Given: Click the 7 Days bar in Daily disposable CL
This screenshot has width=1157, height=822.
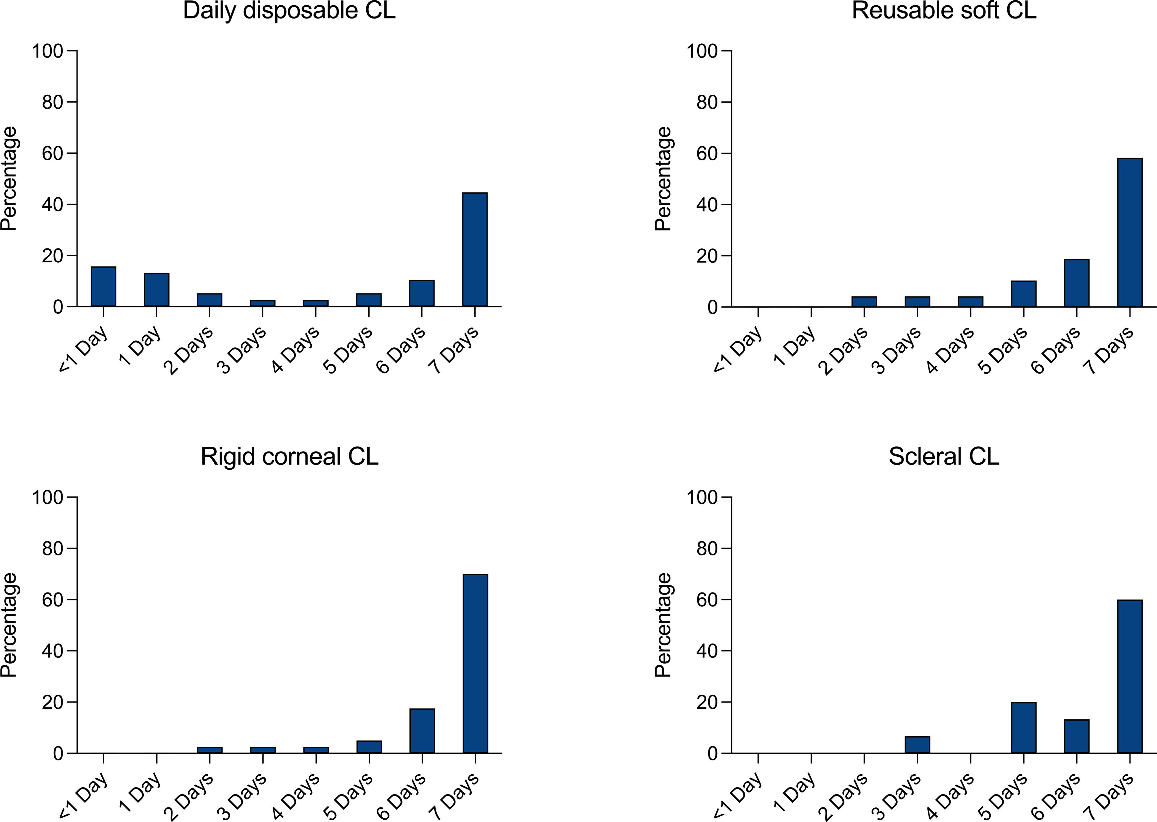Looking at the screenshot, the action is click(x=475, y=249).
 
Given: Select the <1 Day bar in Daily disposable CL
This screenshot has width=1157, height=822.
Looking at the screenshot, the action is click(x=103, y=286).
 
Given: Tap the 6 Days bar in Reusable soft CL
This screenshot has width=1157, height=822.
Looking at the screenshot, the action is click(x=1077, y=283).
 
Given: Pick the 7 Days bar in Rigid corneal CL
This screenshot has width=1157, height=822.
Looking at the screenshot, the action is click(x=475, y=664).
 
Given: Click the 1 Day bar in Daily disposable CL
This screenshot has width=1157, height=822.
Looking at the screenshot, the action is click(x=156, y=290).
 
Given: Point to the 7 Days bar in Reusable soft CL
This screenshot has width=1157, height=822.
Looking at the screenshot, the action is click(x=1130, y=232).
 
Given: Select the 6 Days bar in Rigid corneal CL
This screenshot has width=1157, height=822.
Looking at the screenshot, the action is click(x=422, y=731).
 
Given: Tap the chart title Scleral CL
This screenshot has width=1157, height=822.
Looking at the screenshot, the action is click(x=944, y=457).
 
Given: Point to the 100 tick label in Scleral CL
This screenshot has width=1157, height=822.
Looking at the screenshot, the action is click(x=702, y=497).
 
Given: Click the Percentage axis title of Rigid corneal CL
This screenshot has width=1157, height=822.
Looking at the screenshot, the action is click(x=9, y=625).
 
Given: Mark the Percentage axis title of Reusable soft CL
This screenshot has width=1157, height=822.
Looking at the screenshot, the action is click(x=663, y=179).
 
